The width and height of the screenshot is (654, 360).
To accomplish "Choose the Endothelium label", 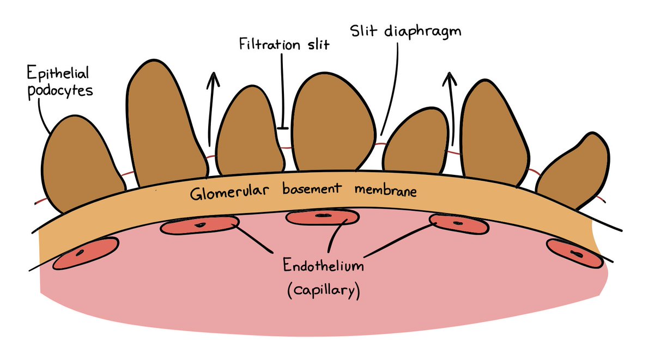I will pyautogui.click(x=323, y=267).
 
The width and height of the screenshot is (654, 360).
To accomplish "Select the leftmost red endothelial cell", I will pyautogui.click(x=84, y=252).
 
